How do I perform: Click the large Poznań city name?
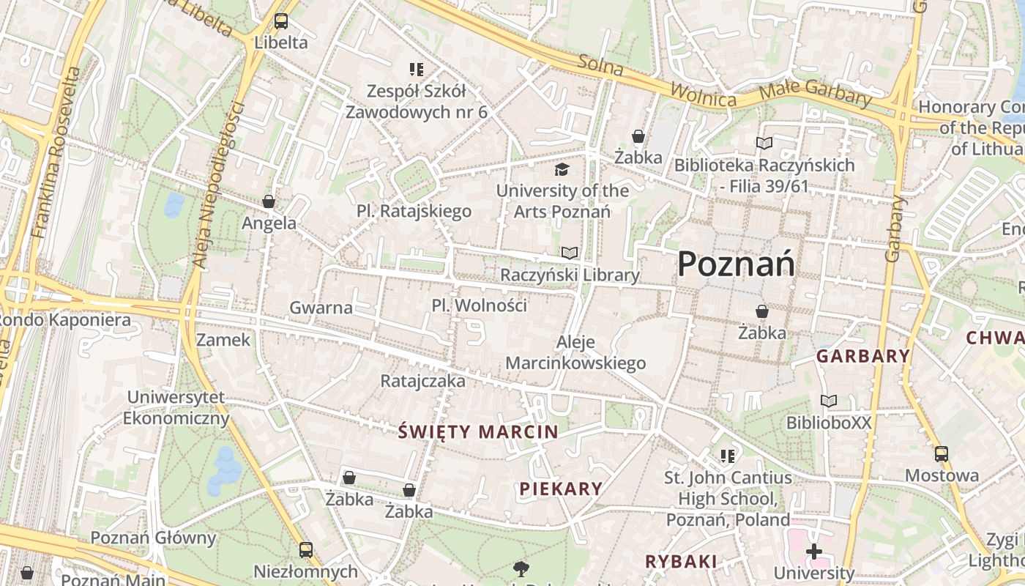[736, 264]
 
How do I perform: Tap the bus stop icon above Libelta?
[281, 21]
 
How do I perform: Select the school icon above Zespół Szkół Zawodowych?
[417, 70]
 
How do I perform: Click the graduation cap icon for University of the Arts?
[562, 170]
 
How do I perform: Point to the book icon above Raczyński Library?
[570, 253]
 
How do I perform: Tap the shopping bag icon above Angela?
[269, 201]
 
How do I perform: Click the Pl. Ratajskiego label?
[414, 212]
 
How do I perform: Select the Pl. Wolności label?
[479, 305]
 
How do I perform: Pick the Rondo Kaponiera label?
[64, 320]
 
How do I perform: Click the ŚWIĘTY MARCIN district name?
[478, 431]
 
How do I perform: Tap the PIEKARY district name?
[561, 489]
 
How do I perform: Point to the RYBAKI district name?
[680, 561]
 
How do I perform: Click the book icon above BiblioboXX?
[829, 401]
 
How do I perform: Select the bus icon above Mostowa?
[942, 454]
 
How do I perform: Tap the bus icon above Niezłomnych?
[306, 549]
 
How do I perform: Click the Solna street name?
[600, 66]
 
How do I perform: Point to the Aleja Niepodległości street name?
[218, 183]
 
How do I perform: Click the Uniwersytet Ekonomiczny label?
[176, 408]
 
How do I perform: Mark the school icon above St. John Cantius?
[727, 456]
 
